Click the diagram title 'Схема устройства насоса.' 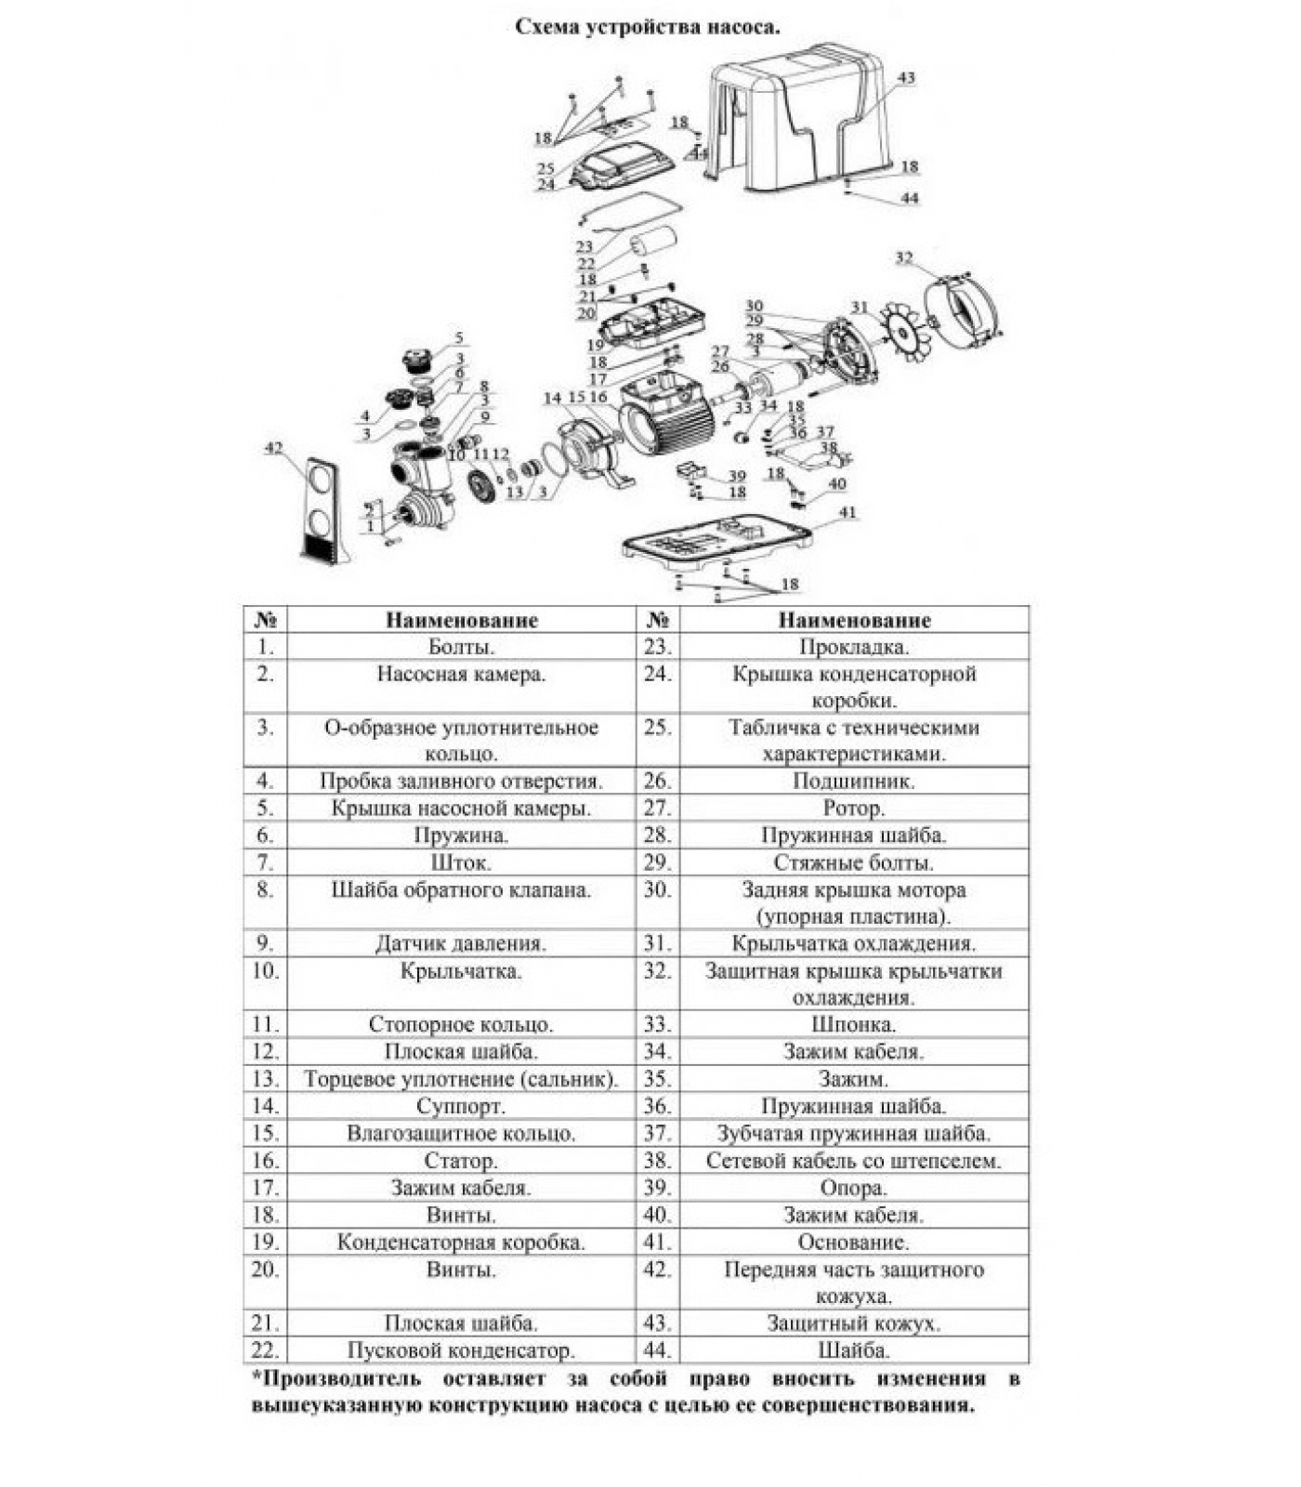click(x=648, y=27)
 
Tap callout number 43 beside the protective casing click(x=905, y=78)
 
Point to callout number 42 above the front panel click(x=273, y=448)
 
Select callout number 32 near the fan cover click(x=903, y=257)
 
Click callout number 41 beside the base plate click(x=847, y=512)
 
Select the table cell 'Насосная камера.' click(x=461, y=674)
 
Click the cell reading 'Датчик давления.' click(x=461, y=943)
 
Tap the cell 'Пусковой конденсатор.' click(x=461, y=1349)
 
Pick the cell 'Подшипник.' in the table click(x=853, y=781)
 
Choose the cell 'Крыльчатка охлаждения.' click(x=853, y=943)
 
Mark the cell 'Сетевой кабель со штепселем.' click(x=853, y=1160)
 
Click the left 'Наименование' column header click(x=461, y=620)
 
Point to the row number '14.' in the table click(x=265, y=1106)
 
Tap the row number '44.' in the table click(x=657, y=1349)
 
